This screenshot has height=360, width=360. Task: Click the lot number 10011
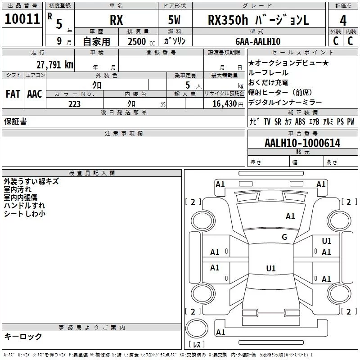(x=22, y=19)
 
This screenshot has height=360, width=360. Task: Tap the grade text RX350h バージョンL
(x=258, y=20)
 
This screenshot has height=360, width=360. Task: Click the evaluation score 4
(x=343, y=20)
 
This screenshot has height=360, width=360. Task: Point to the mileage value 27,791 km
(x=54, y=64)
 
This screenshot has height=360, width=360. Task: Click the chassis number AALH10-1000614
(x=302, y=143)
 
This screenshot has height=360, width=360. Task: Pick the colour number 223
(x=74, y=104)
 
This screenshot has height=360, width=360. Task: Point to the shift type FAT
(x=13, y=94)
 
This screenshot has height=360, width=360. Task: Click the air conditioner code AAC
(x=34, y=94)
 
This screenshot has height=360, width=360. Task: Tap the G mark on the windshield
(x=284, y=237)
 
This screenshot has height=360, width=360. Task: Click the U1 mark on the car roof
(x=270, y=269)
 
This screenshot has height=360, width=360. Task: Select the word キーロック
(x=23, y=337)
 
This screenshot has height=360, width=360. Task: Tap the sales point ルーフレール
(x=268, y=72)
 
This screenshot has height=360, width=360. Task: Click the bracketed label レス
(x=197, y=345)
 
